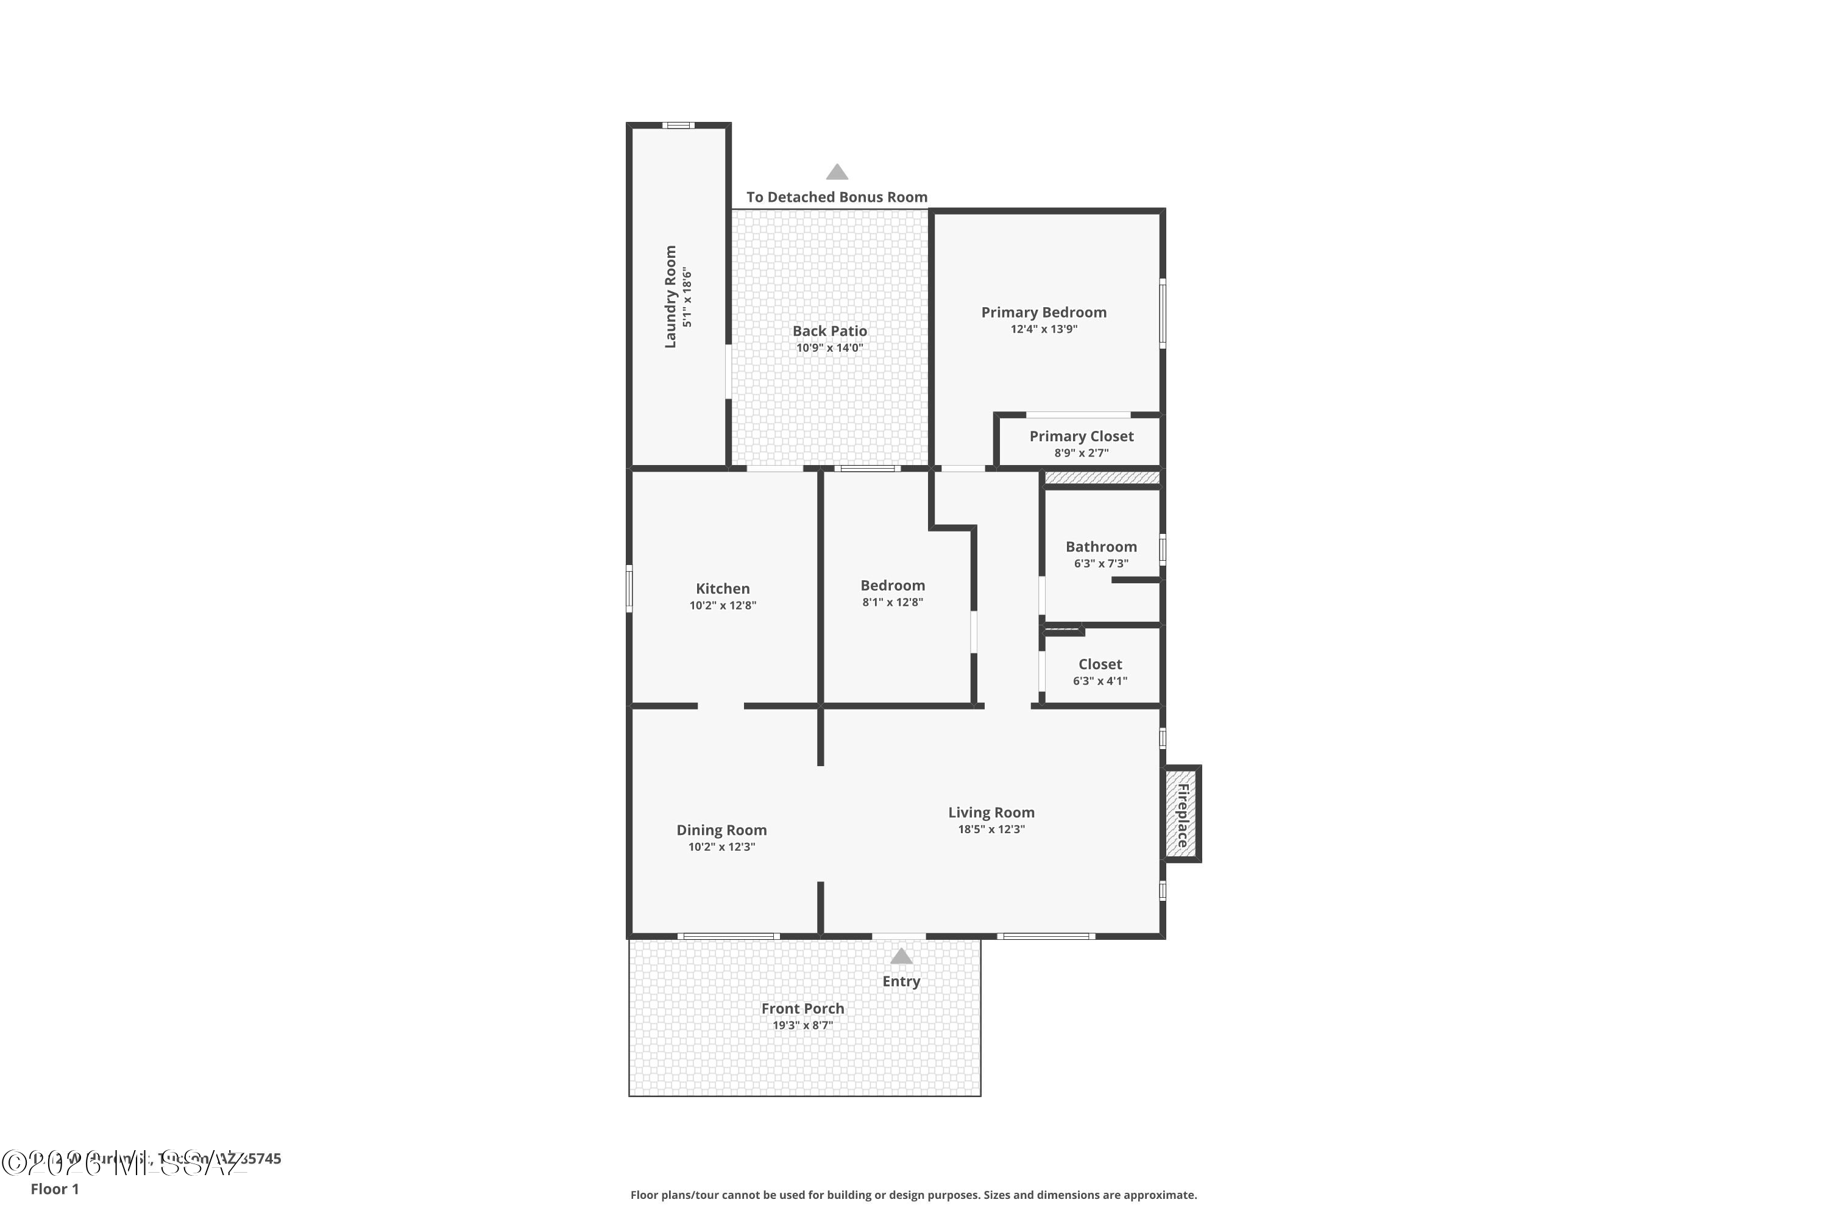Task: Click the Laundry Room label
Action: point(670,297)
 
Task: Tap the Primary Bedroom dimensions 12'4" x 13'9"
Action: point(1044,329)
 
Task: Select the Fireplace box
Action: point(1181,814)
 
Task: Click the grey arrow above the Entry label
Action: point(901,956)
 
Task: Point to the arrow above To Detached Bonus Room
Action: point(836,172)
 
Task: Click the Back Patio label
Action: point(829,331)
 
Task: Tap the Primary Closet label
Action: point(1081,436)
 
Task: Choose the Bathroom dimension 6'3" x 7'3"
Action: point(1100,564)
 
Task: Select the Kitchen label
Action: point(722,589)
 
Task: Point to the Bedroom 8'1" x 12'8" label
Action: point(892,585)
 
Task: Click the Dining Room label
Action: point(721,830)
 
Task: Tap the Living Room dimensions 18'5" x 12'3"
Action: point(991,830)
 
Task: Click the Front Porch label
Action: point(802,1008)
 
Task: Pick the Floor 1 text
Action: point(54,1189)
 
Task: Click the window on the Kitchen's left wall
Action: point(629,589)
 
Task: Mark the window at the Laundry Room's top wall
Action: point(678,125)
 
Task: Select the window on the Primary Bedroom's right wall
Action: point(1163,313)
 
